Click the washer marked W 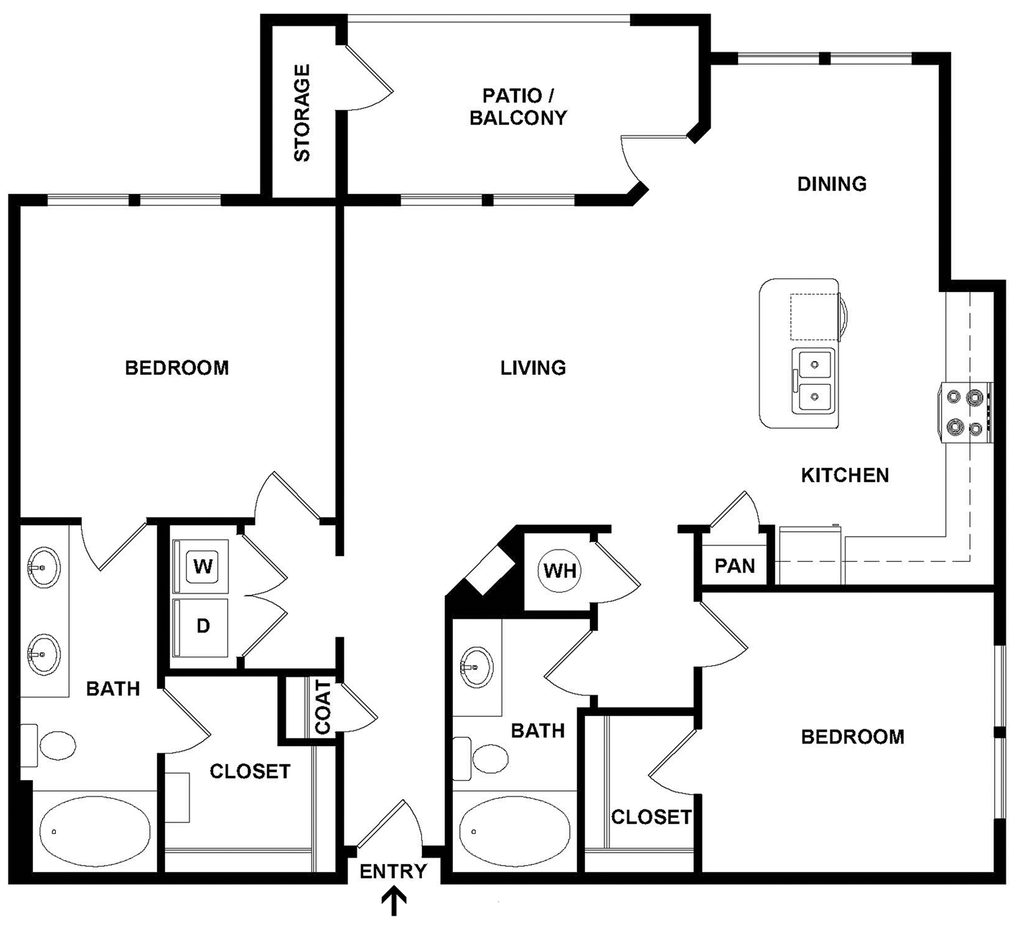[x=202, y=567]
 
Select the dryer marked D [x=202, y=626]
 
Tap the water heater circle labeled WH [x=559, y=570]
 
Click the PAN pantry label [x=734, y=566]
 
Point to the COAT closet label [x=323, y=708]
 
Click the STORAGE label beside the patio [x=302, y=113]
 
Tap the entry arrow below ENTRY [x=393, y=901]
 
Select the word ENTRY [x=393, y=871]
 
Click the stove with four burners [x=965, y=412]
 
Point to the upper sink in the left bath [x=44, y=567]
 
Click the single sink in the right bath [x=475, y=667]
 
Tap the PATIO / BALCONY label [x=518, y=106]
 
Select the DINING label [x=831, y=184]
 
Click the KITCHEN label [x=844, y=475]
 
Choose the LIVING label [x=533, y=367]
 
